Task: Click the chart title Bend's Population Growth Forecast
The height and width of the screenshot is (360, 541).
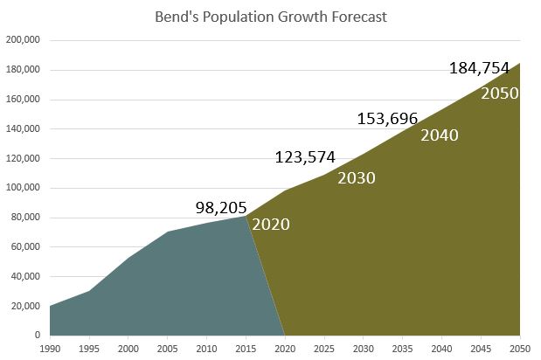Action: [x=270, y=17]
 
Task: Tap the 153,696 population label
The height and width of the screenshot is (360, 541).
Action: [x=388, y=119]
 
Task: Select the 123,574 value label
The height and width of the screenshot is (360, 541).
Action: [x=306, y=157]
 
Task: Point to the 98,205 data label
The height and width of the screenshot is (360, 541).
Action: [x=220, y=207]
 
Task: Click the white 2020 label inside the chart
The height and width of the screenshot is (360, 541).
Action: [x=271, y=224]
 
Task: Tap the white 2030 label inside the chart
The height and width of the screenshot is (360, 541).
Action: [x=357, y=178]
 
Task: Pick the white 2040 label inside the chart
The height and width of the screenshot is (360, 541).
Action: [x=440, y=135]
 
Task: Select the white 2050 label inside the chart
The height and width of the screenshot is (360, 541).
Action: [x=500, y=92]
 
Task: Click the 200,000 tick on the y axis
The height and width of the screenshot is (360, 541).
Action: [x=23, y=40]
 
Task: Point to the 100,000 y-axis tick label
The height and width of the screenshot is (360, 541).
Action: [x=23, y=188]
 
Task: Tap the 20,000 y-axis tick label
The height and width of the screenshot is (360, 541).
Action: [x=25, y=306]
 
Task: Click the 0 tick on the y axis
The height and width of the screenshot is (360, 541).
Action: [x=37, y=335]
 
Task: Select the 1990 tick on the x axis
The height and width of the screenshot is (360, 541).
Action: [x=50, y=347]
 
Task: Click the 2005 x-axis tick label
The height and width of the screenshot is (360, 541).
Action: [x=167, y=347]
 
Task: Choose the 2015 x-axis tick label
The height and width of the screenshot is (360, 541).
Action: [x=246, y=347]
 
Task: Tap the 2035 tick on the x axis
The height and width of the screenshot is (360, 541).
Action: [x=402, y=347]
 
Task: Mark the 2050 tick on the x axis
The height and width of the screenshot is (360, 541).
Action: [x=519, y=347]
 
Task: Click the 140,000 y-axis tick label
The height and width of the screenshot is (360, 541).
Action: [x=23, y=128]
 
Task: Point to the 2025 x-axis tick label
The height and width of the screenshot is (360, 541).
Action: [x=323, y=347]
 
